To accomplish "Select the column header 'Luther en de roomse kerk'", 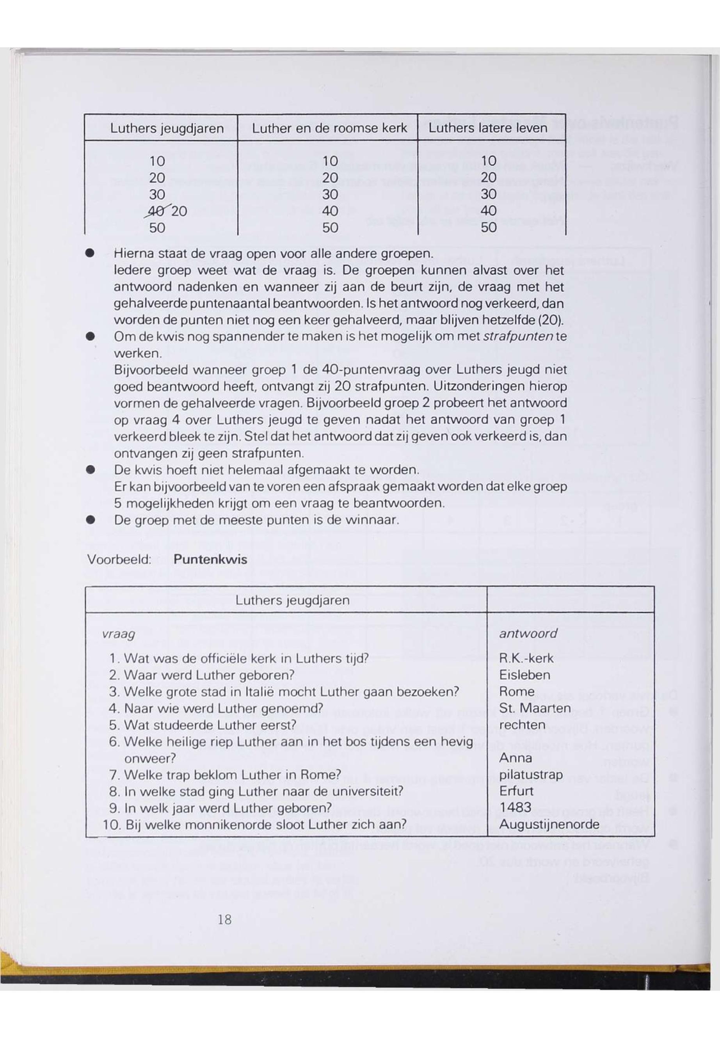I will click(329, 128).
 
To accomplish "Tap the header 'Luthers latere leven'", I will click(488, 128).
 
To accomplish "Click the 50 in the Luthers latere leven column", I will click(489, 228).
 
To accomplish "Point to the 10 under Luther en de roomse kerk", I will click(330, 161).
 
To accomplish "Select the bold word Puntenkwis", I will click(210, 559).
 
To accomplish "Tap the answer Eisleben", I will click(524, 675).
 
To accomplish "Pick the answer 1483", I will click(516, 807).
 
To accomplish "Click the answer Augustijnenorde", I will click(549, 825).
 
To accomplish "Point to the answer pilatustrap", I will click(531, 775).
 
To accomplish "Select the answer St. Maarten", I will click(535, 708).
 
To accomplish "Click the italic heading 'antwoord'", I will click(528, 634).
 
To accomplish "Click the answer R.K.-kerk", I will click(526, 659).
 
